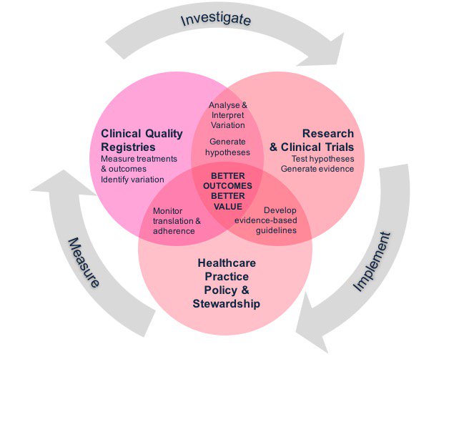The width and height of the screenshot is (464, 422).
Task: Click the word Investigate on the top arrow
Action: click(x=215, y=18)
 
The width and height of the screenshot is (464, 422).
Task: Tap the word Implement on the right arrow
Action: click(x=374, y=261)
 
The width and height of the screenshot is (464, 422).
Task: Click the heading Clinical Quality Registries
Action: click(x=142, y=140)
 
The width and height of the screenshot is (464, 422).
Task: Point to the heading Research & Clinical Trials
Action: click(x=312, y=140)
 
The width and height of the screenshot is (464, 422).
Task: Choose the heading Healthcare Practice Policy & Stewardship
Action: click(x=226, y=283)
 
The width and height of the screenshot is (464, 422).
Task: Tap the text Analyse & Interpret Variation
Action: click(x=227, y=115)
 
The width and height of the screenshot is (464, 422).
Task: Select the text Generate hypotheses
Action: click(x=227, y=147)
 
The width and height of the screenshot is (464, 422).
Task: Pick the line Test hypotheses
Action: click(x=322, y=158)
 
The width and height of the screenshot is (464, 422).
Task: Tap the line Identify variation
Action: click(x=132, y=179)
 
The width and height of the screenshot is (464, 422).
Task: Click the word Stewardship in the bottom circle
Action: click(x=226, y=304)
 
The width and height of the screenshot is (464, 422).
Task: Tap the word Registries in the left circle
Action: click(x=129, y=147)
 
